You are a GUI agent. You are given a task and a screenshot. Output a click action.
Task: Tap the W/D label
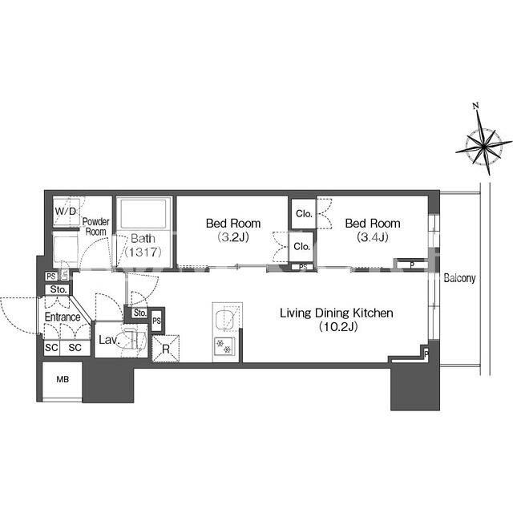[66, 212]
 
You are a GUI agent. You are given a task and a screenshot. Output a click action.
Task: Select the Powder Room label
[95, 226]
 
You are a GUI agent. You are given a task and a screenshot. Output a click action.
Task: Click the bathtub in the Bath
[143, 214]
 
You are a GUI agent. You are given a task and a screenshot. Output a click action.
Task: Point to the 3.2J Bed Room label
[233, 230]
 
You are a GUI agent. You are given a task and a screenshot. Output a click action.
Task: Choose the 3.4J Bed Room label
[373, 230]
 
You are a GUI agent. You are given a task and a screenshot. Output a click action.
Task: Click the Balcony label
[459, 278]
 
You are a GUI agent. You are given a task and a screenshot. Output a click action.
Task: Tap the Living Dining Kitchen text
[337, 313]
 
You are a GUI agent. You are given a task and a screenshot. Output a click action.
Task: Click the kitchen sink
[225, 317]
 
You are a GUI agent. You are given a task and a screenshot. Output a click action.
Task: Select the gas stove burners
[224, 346]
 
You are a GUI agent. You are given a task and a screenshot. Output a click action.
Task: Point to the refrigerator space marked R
[166, 349]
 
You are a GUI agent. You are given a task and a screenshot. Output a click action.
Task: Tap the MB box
[63, 380]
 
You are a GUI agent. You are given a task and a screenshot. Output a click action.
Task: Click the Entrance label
[63, 317]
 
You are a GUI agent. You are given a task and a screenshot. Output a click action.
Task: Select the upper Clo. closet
[304, 214]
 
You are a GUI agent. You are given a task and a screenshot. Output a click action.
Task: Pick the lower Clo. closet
[301, 247]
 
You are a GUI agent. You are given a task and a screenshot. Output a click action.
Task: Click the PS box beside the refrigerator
[157, 321]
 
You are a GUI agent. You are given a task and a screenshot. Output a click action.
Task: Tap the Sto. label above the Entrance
[59, 289]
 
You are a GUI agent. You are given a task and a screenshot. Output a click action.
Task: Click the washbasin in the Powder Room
[66, 246]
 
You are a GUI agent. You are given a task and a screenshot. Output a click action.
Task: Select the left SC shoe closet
[51, 347]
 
